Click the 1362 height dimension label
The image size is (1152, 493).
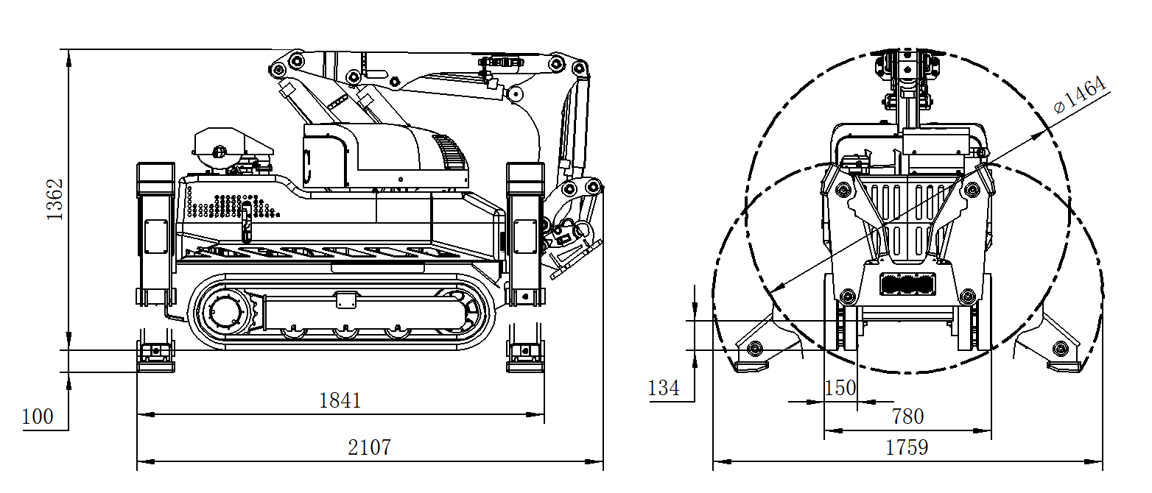tap(55, 199)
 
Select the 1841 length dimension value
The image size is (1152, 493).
tap(340, 400)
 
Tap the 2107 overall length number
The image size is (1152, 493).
tap(369, 447)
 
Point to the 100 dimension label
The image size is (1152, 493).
tap(38, 416)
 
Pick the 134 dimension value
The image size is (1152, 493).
tap(664, 388)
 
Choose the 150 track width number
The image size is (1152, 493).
tap(840, 388)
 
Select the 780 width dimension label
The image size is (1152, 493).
tap(907, 416)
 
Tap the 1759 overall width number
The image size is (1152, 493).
tap(907, 447)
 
